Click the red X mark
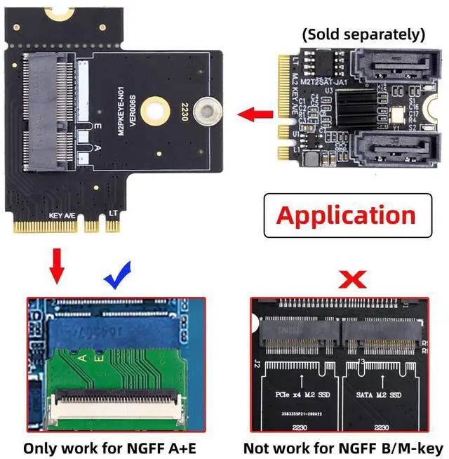coord(352,279)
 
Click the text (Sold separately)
coord(363,34)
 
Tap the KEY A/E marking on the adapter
coord(61,215)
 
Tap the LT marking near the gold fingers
coord(113,213)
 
